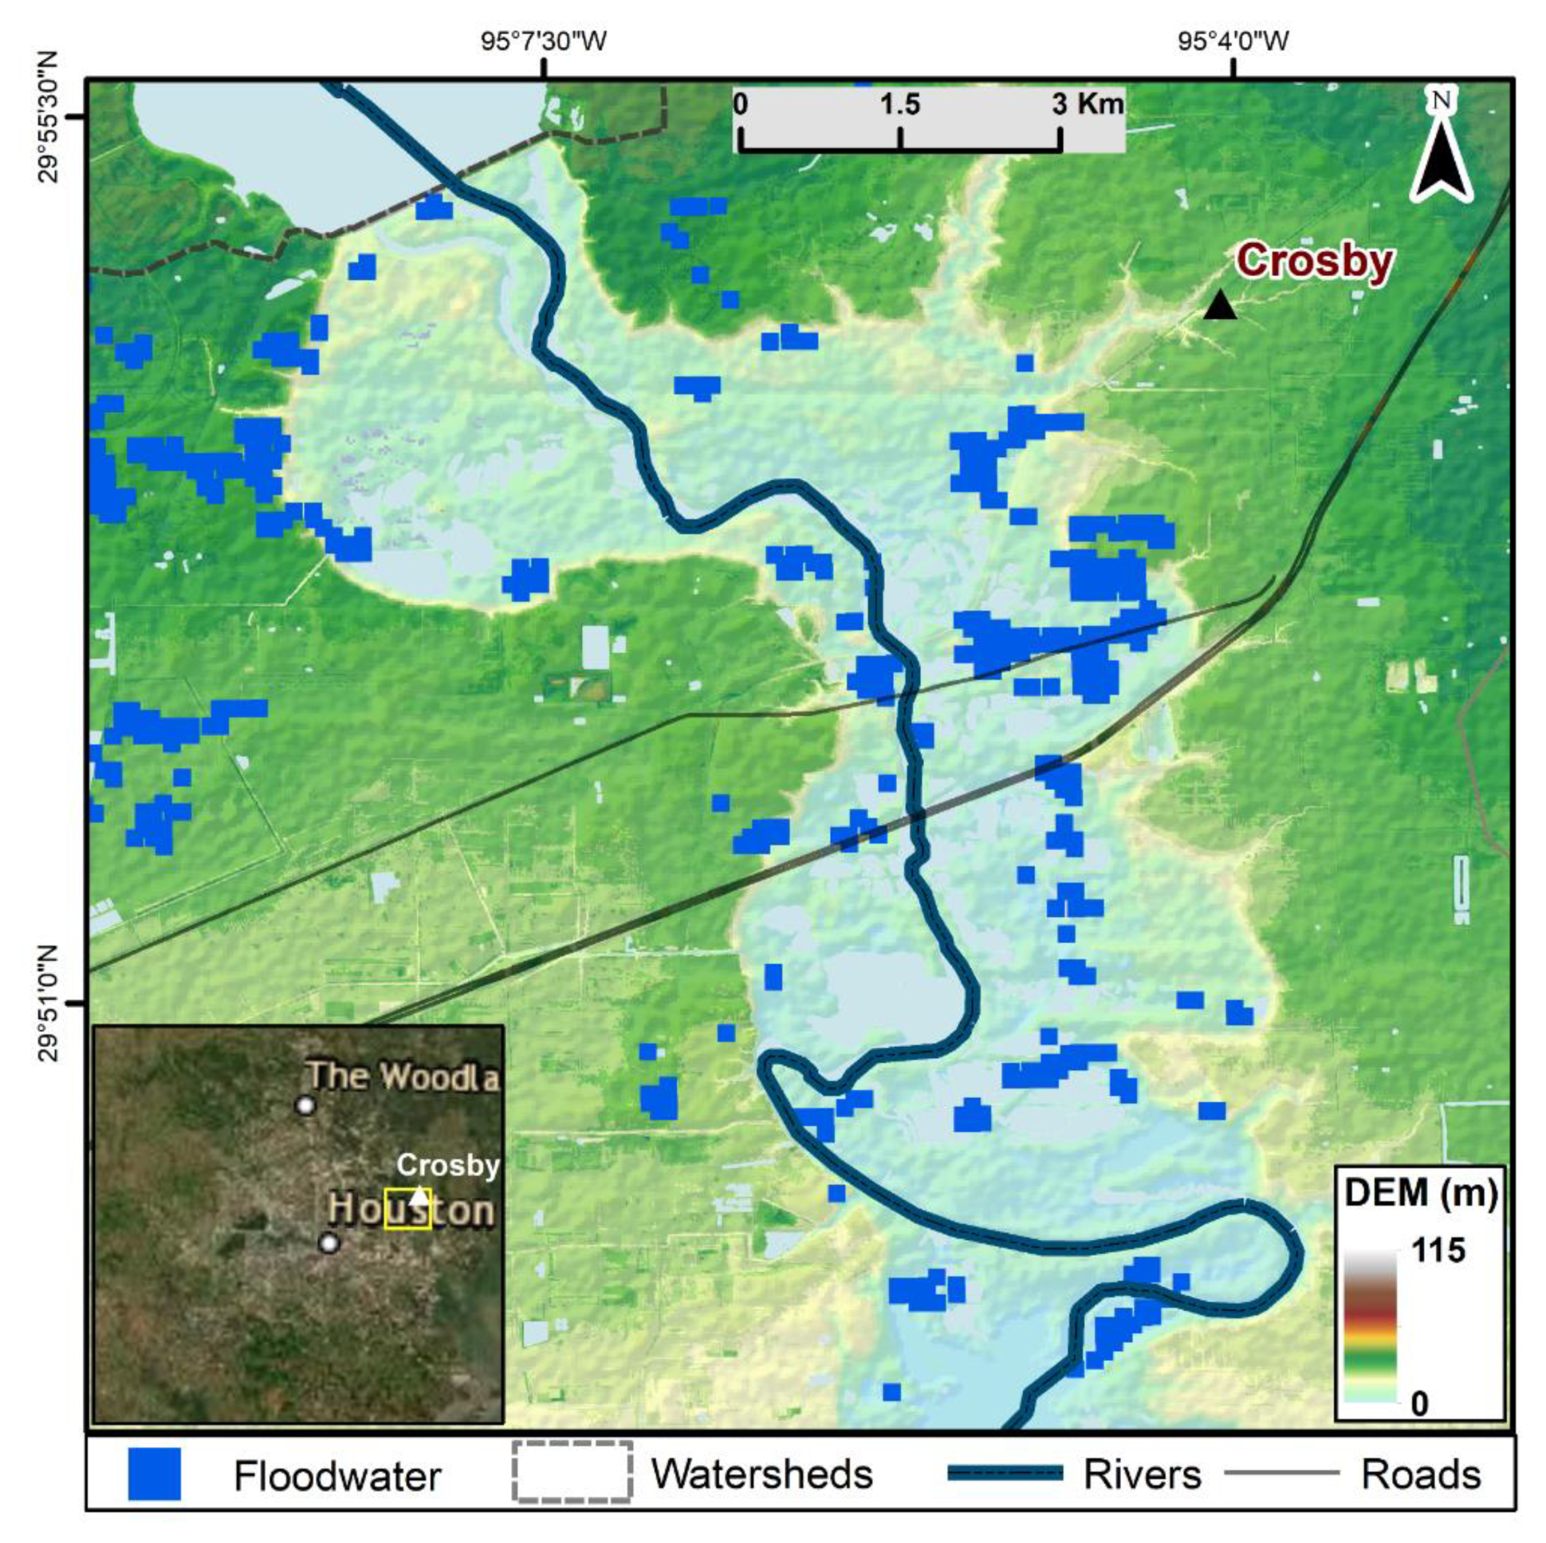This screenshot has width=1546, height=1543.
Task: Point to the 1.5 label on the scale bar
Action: tap(900, 104)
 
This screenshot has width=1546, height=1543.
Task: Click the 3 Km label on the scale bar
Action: tap(1088, 104)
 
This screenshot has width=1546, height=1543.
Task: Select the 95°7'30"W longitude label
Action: tap(544, 40)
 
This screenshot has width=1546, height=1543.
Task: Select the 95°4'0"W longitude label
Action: tap(1234, 40)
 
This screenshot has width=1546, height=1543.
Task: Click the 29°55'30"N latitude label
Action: tap(49, 117)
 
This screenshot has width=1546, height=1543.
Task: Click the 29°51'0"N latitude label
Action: tap(49, 1003)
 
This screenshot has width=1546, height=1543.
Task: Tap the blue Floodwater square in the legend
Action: tap(155, 1473)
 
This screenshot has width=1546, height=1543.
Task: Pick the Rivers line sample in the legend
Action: tap(1005, 1472)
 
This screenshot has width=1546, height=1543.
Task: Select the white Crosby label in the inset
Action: tap(448, 1165)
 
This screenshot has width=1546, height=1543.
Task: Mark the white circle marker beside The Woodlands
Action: tap(305, 1105)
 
